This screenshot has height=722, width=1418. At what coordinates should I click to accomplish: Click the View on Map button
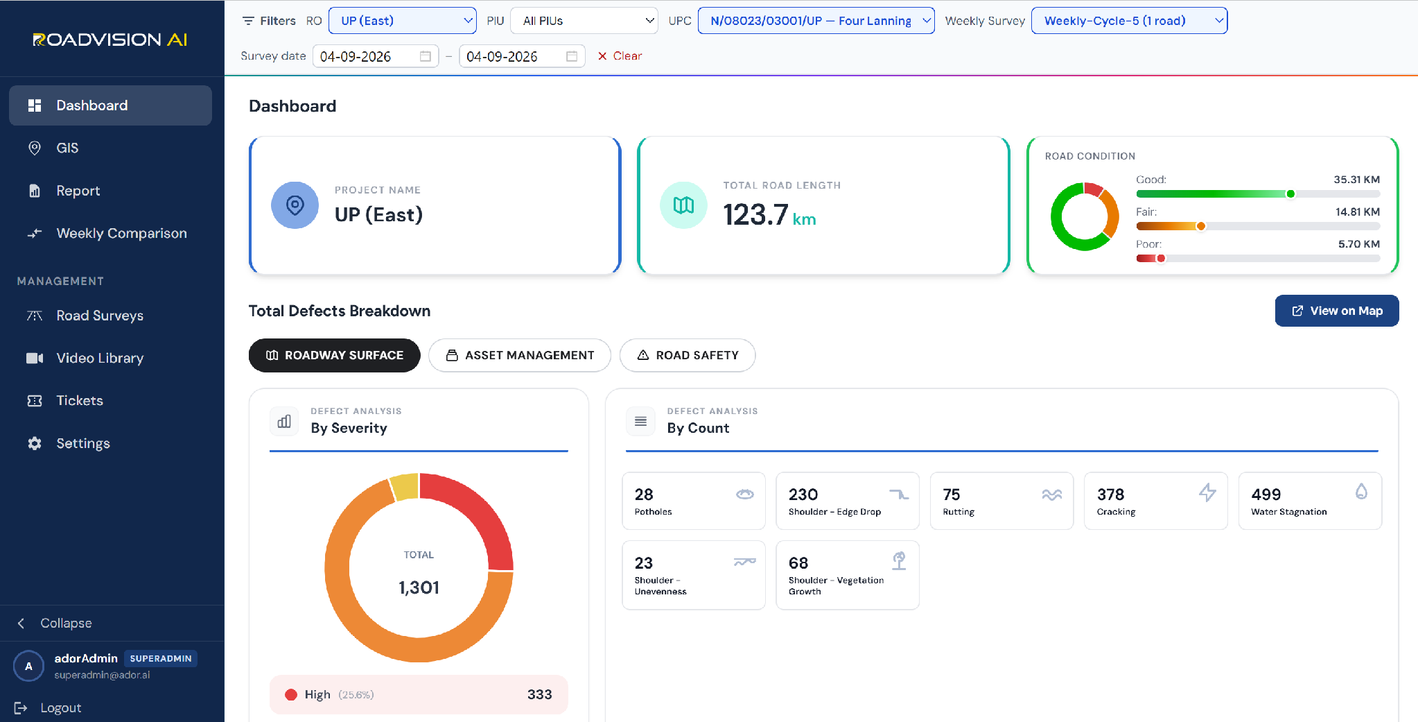point(1336,311)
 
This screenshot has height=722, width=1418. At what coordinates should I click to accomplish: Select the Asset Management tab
point(520,355)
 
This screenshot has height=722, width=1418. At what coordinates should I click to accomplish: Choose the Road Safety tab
point(688,355)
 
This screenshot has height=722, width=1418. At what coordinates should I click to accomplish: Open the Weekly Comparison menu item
point(110,233)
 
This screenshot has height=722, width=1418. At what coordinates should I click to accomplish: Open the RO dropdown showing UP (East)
point(402,21)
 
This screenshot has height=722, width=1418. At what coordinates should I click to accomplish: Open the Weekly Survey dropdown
point(1129,21)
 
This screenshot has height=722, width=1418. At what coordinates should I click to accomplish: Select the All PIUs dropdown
point(584,21)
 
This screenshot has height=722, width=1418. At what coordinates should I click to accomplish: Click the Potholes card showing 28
point(694,501)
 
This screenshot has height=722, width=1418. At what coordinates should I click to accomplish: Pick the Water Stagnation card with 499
point(1310,501)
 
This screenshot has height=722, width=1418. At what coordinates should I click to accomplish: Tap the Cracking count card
point(1156,501)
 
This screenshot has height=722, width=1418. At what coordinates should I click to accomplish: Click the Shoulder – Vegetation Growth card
point(848,575)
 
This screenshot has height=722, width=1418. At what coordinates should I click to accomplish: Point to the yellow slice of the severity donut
point(405,486)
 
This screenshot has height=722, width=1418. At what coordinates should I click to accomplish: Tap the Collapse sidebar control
point(55,623)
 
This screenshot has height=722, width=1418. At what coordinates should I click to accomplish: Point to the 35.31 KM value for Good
point(1356,180)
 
